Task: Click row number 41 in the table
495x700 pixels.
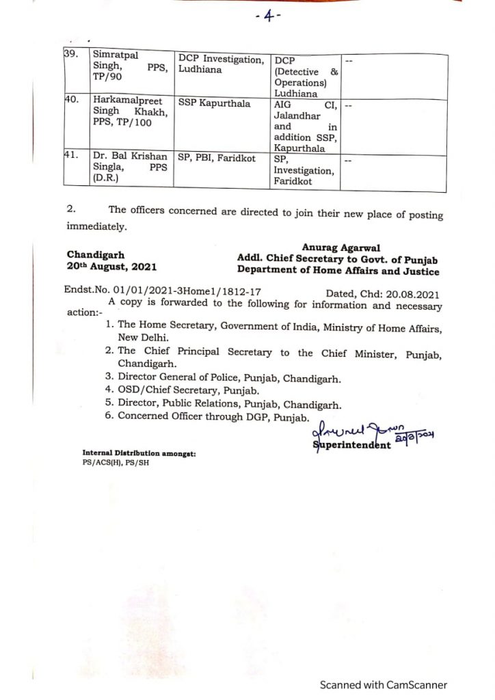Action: click(x=69, y=157)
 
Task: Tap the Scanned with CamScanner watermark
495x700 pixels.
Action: click(x=384, y=684)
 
